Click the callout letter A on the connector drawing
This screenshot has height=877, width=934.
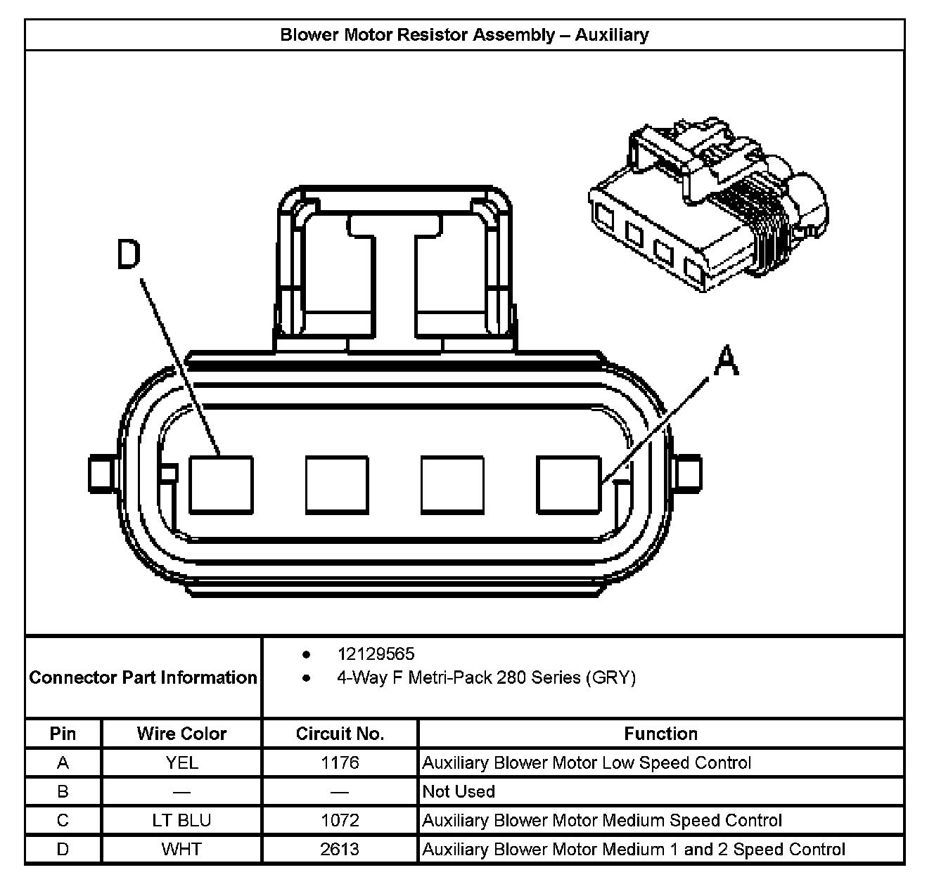pos(727,361)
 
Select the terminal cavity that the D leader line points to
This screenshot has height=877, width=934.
pos(221,485)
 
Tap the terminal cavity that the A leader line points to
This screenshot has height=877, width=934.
pos(569,485)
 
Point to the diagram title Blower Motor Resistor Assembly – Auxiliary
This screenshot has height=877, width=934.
pos(464,35)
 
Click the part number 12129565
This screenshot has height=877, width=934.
pos(376,654)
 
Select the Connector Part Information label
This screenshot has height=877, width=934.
pos(143,677)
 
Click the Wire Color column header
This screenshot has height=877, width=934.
pos(181,734)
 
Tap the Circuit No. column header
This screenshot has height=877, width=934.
pos(340,734)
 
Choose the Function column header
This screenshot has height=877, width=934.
pos(660,734)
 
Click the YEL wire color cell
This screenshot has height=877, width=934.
pos(181,762)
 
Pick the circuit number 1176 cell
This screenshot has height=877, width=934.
pos(340,762)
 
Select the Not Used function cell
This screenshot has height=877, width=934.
pos(459,791)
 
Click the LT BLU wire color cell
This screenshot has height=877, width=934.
pos(181,820)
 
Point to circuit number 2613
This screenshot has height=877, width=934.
pos(340,849)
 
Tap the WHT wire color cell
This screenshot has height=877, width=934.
pos(181,849)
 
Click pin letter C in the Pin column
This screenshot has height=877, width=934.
pos(63,820)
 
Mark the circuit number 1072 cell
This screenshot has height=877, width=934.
pos(340,820)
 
